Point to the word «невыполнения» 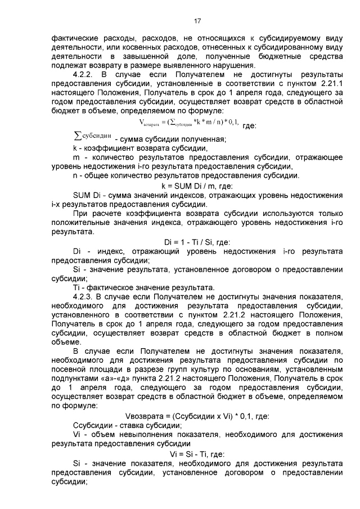point(138,435)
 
